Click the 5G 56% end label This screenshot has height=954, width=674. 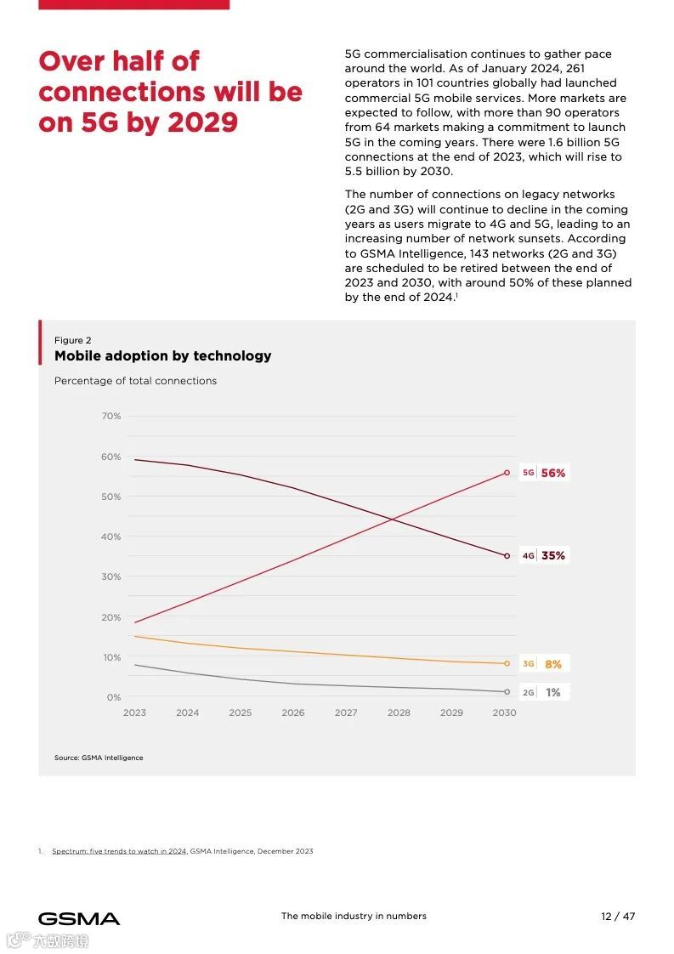tap(544, 473)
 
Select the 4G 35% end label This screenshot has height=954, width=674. tap(544, 556)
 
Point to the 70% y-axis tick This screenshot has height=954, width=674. tap(111, 417)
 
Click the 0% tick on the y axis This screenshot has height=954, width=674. tap(114, 698)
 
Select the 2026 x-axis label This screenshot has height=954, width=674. tap(293, 713)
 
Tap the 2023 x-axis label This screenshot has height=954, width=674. tap(134, 713)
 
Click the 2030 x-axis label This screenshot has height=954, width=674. tap(504, 713)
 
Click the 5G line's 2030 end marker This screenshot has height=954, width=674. tap(507, 473)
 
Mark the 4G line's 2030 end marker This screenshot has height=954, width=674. tap(507, 556)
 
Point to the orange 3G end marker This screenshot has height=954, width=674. tap(507, 663)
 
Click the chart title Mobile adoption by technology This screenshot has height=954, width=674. tap(163, 356)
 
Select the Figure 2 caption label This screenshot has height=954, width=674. tap(73, 340)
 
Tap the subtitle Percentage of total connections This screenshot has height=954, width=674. tap(135, 381)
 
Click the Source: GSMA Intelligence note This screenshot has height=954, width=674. tap(99, 758)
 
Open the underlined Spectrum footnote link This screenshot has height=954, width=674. tap(119, 851)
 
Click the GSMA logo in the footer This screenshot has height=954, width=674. tap(79, 918)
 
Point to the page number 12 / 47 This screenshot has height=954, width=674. tap(618, 917)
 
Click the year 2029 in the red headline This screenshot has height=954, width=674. tap(203, 122)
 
